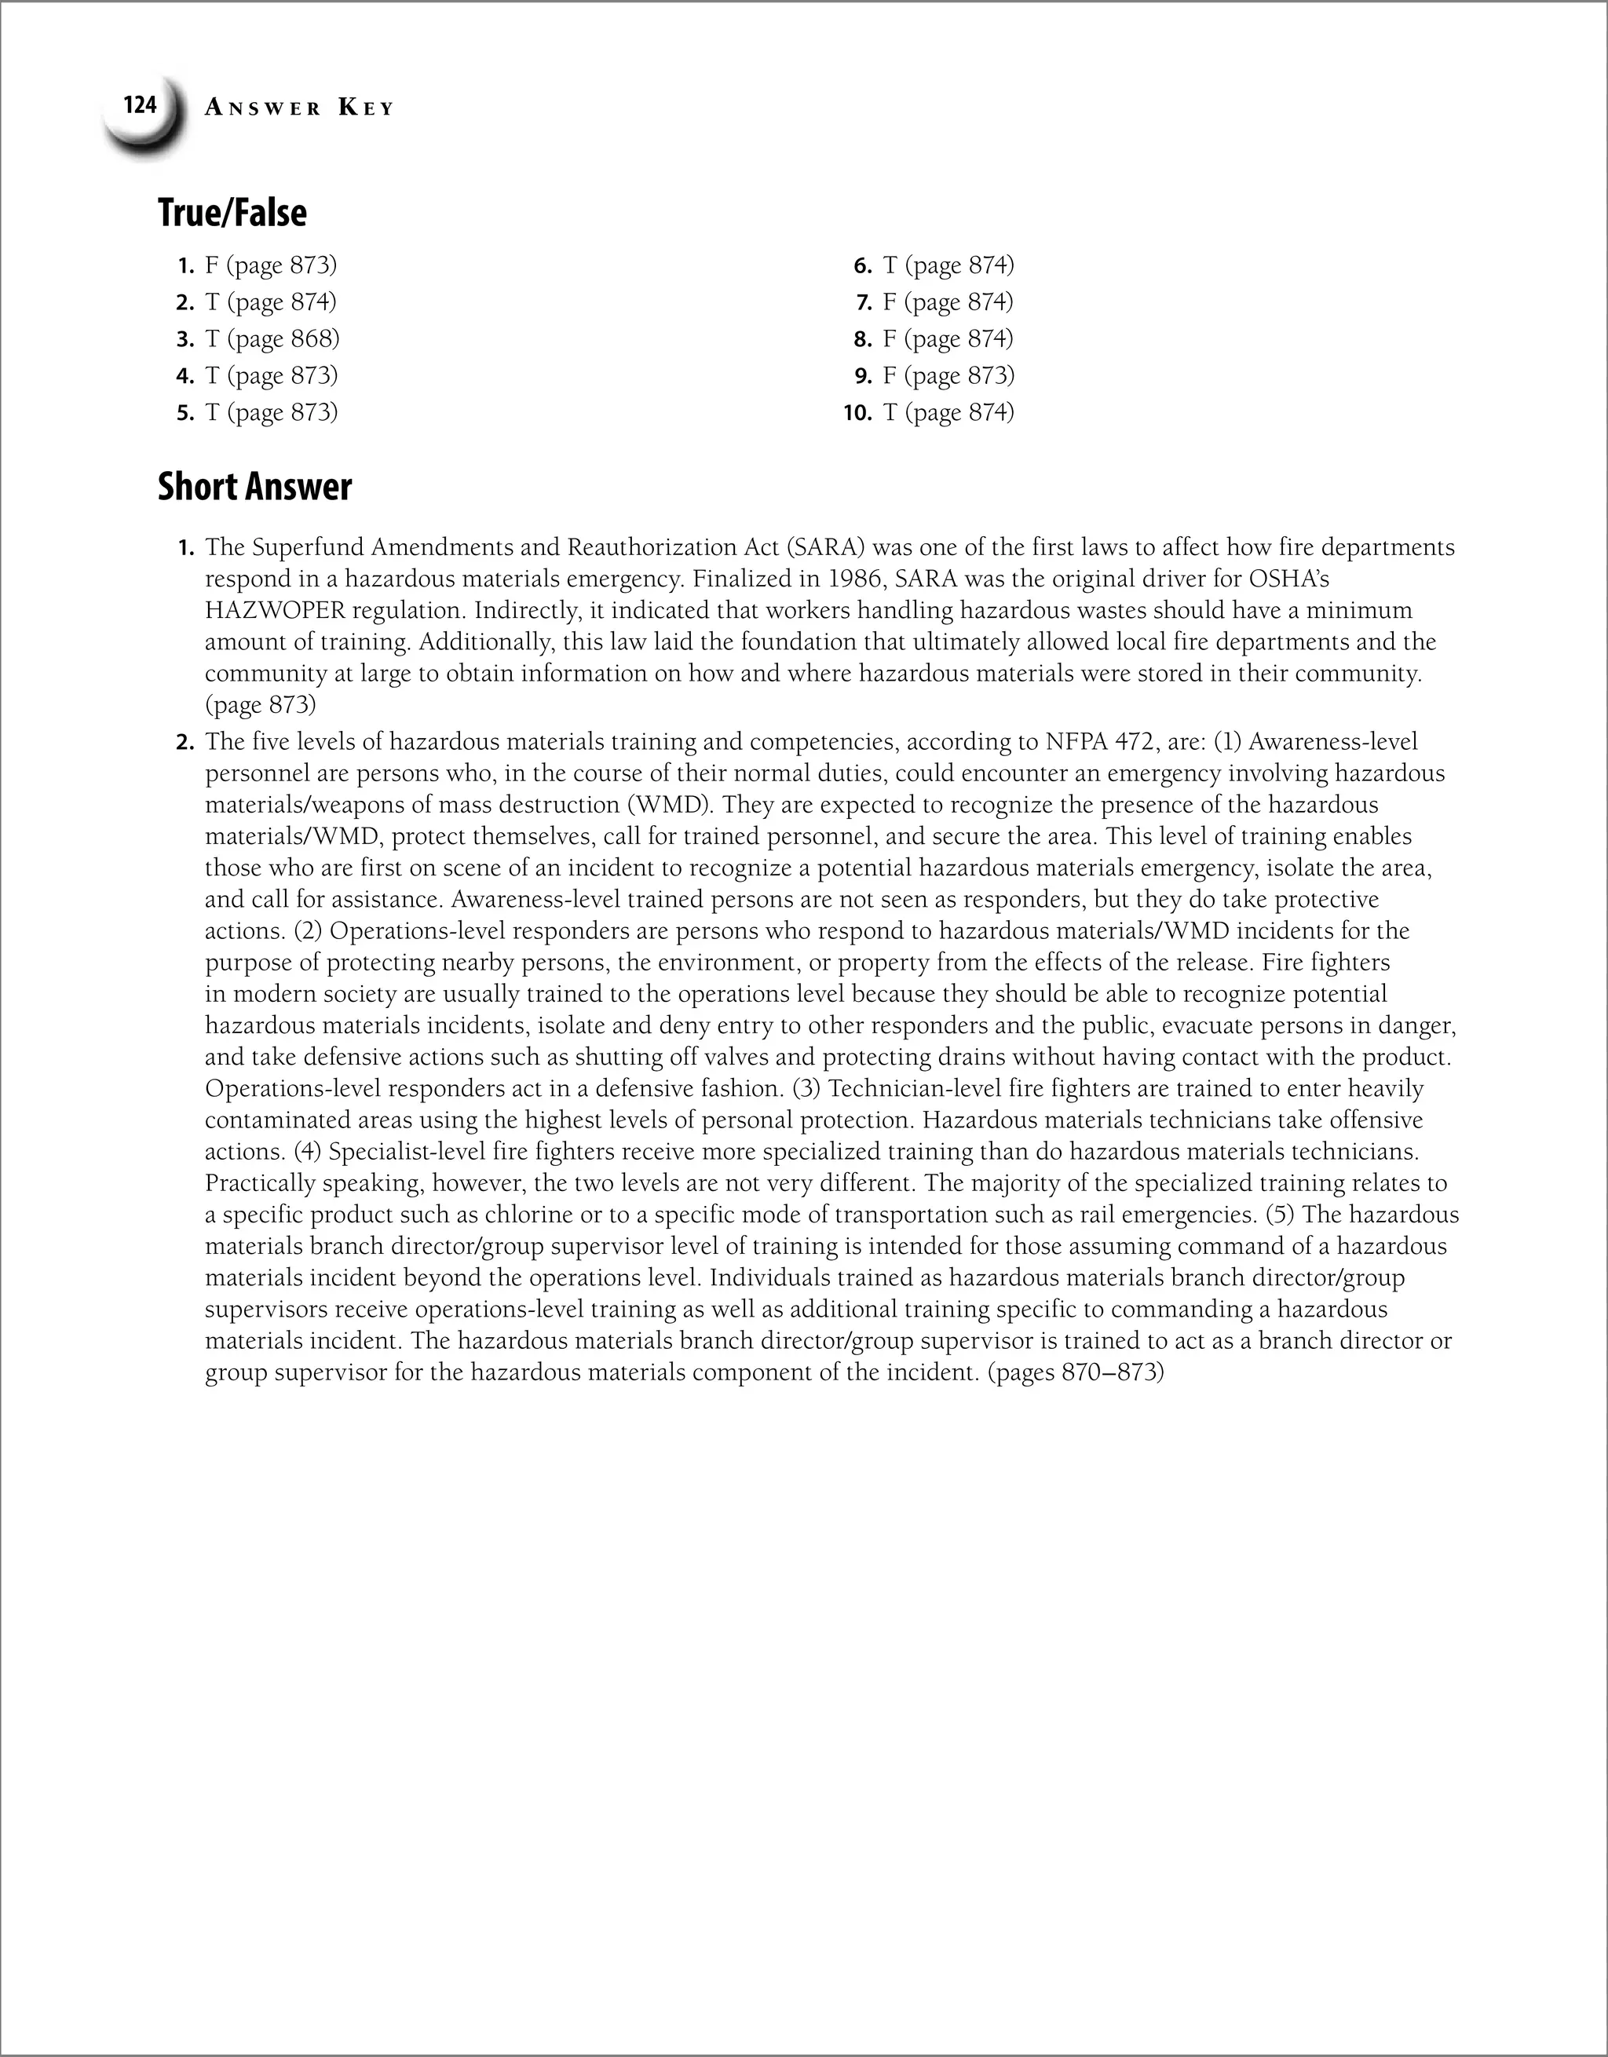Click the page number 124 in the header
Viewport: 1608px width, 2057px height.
pyautogui.click(x=140, y=104)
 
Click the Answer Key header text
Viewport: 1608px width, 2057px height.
pyautogui.click(x=298, y=108)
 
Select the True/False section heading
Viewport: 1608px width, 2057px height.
pyautogui.click(x=232, y=213)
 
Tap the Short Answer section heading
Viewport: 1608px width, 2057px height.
pyautogui.click(x=254, y=487)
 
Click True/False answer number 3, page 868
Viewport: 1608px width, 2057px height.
pyautogui.click(x=272, y=338)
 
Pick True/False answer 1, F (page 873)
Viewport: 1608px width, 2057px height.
pyautogui.click(x=269, y=265)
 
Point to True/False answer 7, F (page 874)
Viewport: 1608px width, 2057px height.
pyautogui.click(x=948, y=301)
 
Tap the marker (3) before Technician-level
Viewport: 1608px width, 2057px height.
pyautogui.click(x=806, y=1089)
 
